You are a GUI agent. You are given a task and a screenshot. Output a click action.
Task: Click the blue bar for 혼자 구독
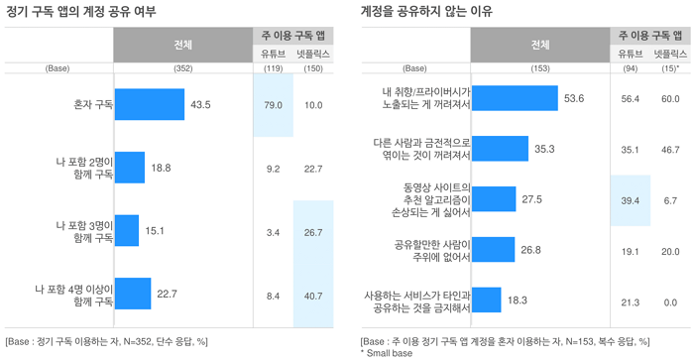pyautogui.click(x=150, y=104)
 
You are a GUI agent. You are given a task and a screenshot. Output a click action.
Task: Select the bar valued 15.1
pyautogui.click(x=127, y=231)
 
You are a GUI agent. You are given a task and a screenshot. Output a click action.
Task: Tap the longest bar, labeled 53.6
pyautogui.click(x=515, y=98)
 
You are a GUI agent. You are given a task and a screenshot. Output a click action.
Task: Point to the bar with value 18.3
pyautogui.click(x=487, y=300)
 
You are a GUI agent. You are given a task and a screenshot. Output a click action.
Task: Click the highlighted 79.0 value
pyautogui.click(x=273, y=105)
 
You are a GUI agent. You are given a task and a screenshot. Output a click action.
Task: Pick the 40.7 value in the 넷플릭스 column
pyautogui.click(x=313, y=296)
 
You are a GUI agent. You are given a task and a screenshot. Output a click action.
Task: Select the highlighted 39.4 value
pyautogui.click(x=630, y=200)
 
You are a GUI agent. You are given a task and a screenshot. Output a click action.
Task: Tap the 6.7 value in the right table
pyautogui.click(x=670, y=200)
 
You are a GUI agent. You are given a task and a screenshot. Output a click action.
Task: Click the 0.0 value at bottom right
pyautogui.click(x=670, y=302)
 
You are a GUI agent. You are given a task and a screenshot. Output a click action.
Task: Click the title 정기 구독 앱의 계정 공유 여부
pyautogui.click(x=80, y=11)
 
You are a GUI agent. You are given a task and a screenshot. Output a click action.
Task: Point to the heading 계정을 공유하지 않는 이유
pyautogui.click(x=426, y=11)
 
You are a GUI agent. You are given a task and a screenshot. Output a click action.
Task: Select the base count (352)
pyautogui.click(x=183, y=68)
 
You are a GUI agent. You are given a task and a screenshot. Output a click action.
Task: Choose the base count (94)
pyautogui.click(x=630, y=68)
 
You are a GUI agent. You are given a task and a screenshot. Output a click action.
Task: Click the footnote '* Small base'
pyautogui.click(x=387, y=353)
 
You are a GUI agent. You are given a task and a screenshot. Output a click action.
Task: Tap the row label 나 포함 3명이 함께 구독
pyautogui.click(x=84, y=232)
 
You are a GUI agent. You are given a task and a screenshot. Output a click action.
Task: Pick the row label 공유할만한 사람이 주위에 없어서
pyautogui.click(x=432, y=251)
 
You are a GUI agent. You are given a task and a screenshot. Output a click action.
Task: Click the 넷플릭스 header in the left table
pyautogui.click(x=313, y=54)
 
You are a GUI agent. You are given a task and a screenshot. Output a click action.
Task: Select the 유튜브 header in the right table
pyautogui.click(x=631, y=54)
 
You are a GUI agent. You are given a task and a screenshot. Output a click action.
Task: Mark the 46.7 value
pyautogui.click(x=670, y=150)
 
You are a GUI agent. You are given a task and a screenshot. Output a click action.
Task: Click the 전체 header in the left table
pyautogui.click(x=183, y=45)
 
